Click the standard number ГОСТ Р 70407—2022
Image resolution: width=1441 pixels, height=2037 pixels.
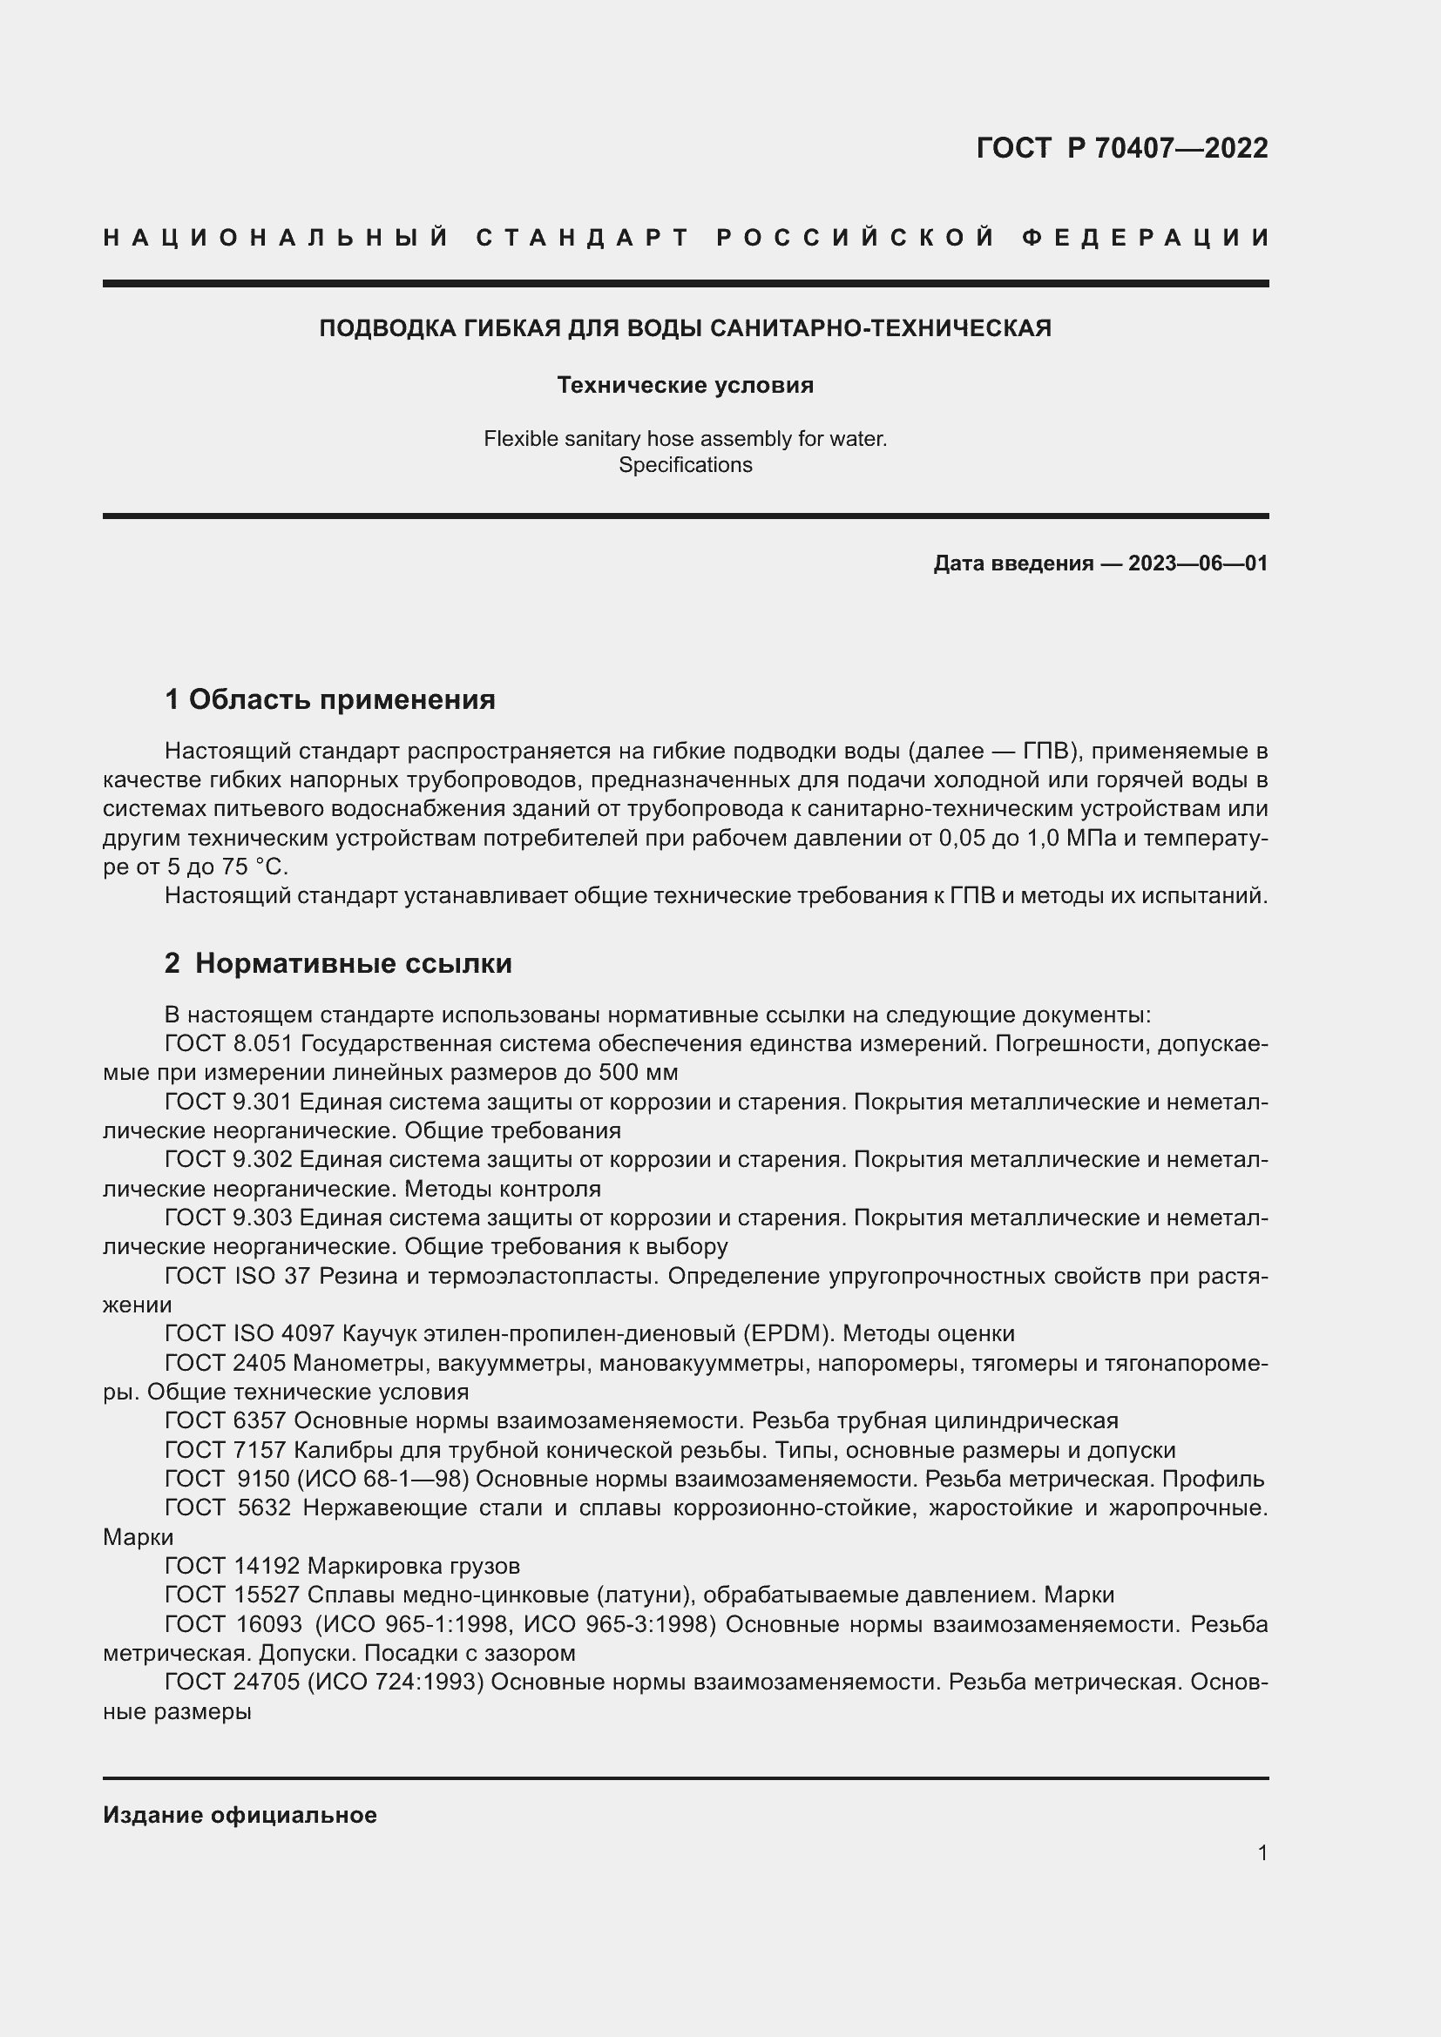click(1121, 148)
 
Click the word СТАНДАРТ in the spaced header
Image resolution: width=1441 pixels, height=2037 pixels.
click(583, 238)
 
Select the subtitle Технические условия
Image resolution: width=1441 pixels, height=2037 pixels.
click(685, 385)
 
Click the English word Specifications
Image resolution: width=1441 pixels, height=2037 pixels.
click(685, 465)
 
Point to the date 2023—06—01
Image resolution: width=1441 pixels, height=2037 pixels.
click(1198, 563)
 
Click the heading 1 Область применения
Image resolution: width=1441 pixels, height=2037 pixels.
click(330, 699)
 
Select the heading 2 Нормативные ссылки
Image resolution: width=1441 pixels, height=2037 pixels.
click(338, 962)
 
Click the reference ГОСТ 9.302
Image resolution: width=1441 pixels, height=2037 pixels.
click(228, 1159)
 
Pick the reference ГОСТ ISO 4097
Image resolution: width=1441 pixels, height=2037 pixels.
click(249, 1333)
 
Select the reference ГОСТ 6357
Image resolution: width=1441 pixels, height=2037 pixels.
click(226, 1420)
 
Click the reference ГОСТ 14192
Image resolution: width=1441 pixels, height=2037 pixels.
click(233, 1566)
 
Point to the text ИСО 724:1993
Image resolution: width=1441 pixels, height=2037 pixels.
click(396, 1683)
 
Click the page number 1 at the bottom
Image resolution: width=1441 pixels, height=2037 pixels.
click(1262, 1852)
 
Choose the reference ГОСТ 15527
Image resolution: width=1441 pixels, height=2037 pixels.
click(233, 1595)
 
